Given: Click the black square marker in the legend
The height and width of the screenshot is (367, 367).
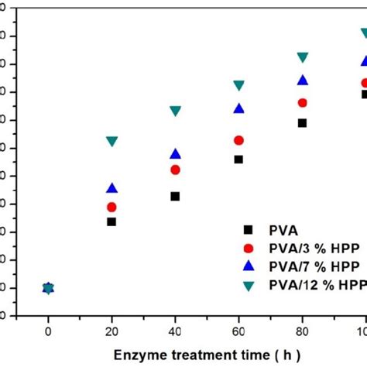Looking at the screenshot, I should tap(248, 229).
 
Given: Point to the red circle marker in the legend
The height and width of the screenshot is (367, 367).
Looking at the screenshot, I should tap(248, 248).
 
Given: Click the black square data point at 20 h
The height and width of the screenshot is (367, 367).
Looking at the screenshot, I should tap(111, 221).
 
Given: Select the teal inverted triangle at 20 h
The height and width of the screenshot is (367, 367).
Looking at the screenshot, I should tap(111, 142).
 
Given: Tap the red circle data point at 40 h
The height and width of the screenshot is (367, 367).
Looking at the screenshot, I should tap(175, 170).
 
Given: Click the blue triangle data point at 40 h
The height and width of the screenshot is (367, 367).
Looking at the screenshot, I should tap(175, 153).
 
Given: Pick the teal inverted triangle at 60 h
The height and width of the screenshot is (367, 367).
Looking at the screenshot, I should tap(238, 86).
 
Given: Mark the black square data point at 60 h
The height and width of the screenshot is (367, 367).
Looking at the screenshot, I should tap(238, 159).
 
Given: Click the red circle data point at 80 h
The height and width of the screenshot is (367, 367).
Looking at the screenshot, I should tap(302, 103).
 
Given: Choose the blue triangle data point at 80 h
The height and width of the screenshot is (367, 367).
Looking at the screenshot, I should tap(302, 80).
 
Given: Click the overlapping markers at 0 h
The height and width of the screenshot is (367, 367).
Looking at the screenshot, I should tap(48, 288).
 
